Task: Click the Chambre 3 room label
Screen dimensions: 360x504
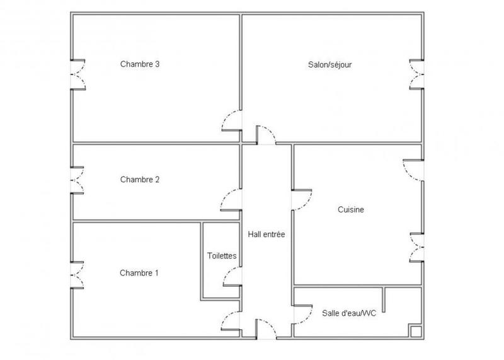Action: click(x=139, y=64)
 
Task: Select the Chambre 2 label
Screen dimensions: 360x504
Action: click(x=139, y=180)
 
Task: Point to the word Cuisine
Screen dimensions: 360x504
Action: click(x=351, y=210)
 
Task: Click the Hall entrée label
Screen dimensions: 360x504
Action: click(x=266, y=235)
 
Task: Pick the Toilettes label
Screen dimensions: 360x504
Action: click(x=222, y=256)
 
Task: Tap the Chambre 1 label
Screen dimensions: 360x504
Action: click(x=139, y=273)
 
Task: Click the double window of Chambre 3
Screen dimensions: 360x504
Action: click(x=77, y=74)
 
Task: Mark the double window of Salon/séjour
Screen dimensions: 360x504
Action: click(x=416, y=74)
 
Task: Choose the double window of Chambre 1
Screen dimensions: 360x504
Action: click(x=77, y=274)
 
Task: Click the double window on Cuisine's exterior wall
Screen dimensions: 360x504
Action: click(x=416, y=247)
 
